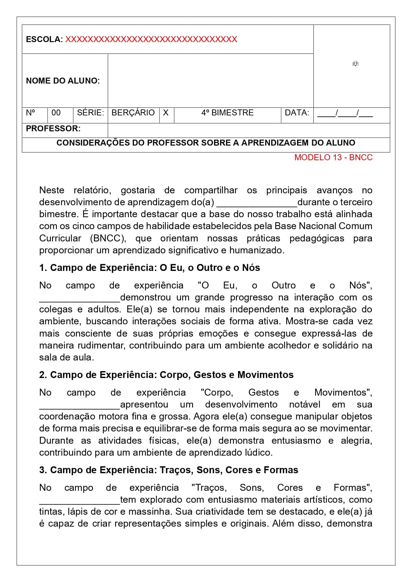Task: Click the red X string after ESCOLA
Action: click(x=151, y=39)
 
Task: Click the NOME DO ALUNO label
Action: click(x=63, y=81)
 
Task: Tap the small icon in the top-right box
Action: click(x=356, y=63)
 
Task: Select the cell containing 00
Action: click(x=56, y=113)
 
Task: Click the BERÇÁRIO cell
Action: click(x=133, y=113)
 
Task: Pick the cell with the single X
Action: click(x=166, y=113)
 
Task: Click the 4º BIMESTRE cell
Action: click(x=227, y=113)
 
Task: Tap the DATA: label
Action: click(x=297, y=113)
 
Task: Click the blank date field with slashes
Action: click(x=345, y=114)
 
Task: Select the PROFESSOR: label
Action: click(x=53, y=129)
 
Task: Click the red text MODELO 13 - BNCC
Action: click(x=333, y=158)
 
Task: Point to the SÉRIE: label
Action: click(x=90, y=113)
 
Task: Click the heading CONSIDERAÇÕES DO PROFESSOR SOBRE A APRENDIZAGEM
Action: click(x=206, y=143)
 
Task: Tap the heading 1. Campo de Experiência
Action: click(x=149, y=268)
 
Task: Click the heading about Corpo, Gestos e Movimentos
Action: click(x=166, y=375)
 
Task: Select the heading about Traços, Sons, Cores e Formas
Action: click(x=169, y=470)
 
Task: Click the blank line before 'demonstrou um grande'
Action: click(x=79, y=298)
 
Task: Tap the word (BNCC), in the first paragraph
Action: click(x=108, y=238)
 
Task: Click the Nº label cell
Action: click(x=31, y=113)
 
